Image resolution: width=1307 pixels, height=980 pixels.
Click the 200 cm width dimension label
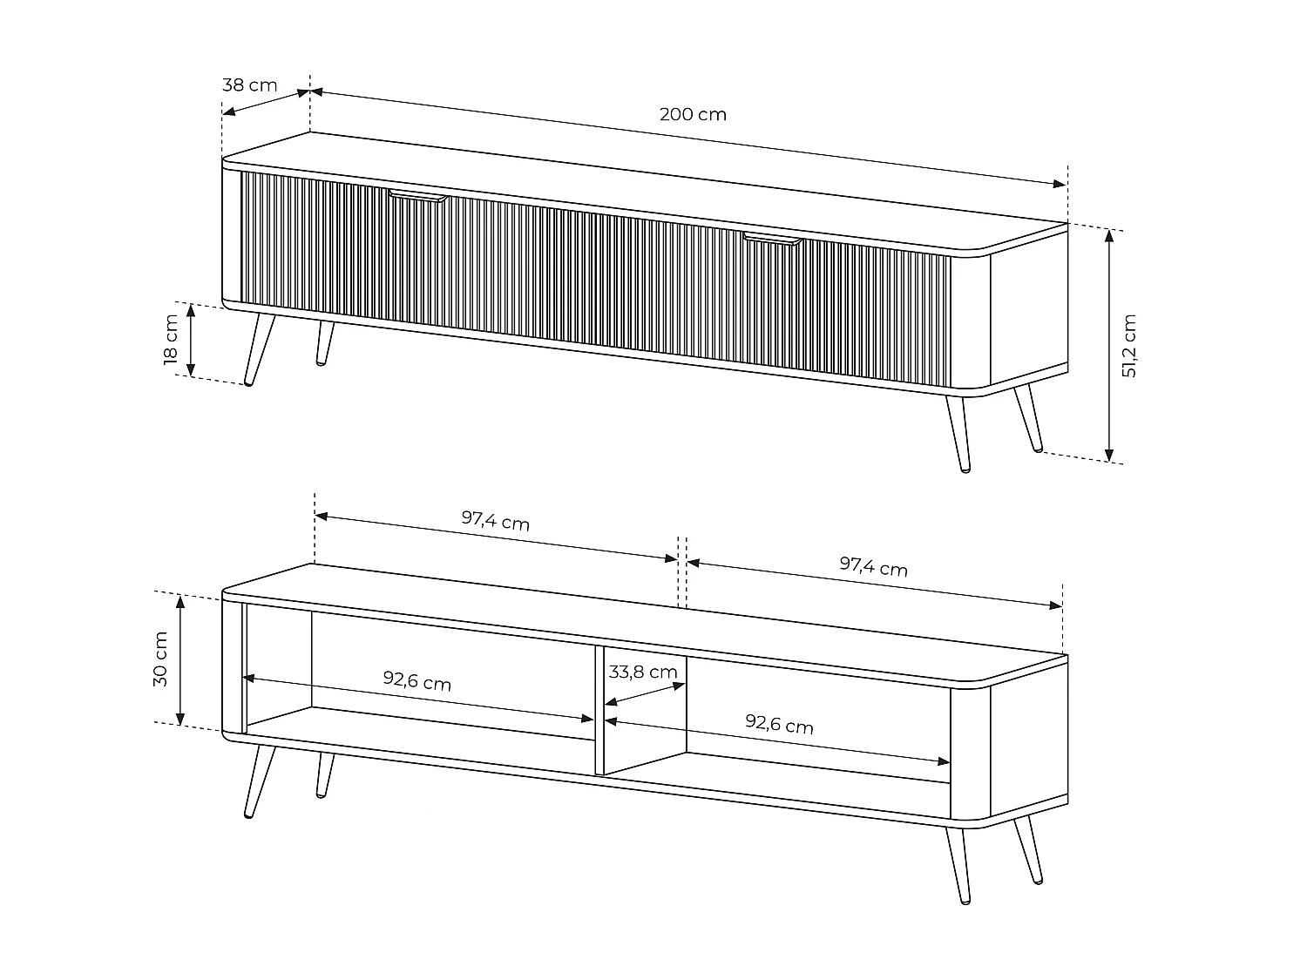[693, 114]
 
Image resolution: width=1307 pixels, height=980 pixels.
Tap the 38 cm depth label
[249, 85]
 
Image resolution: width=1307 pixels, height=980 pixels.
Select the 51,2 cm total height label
[1129, 346]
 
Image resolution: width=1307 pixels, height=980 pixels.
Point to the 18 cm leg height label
[170, 339]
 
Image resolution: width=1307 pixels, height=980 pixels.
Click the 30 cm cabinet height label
[160, 659]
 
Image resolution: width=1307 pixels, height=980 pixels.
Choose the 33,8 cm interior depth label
[643, 672]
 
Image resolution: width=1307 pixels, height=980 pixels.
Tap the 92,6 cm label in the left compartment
[416, 680]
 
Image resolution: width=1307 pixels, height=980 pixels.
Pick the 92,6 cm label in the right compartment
[780, 724]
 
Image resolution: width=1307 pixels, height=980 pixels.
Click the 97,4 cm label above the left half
[496, 520]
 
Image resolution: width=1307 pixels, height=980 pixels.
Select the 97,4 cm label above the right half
[874, 566]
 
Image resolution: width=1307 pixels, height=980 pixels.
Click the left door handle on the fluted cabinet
[417, 196]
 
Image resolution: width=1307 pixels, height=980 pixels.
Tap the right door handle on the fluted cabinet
[773, 239]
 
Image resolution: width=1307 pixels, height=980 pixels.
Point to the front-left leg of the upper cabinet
[260, 350]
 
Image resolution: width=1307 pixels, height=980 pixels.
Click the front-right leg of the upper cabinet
[958, 435]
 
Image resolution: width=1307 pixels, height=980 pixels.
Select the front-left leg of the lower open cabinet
[260, 781]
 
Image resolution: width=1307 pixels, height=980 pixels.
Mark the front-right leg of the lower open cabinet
[958, 866]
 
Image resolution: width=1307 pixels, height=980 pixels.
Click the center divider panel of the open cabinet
[599, 711]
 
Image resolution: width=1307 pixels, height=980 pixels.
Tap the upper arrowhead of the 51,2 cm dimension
[1108, 236]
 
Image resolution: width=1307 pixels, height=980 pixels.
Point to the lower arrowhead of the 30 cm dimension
[180, 719]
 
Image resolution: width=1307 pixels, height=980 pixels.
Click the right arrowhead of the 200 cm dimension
[1060, 184]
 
